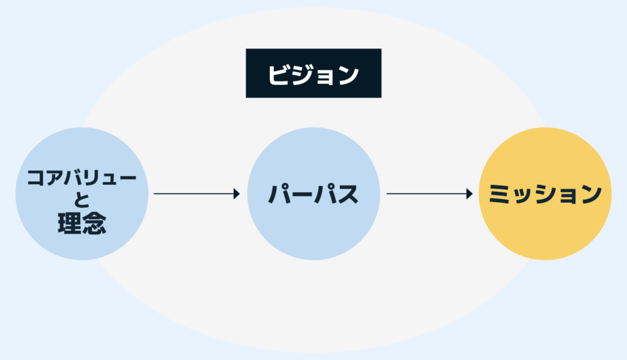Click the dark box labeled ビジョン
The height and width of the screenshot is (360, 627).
pyautogui.click(x=313, y=73)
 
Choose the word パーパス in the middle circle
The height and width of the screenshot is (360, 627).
pyautogui.click(x=313, y=194)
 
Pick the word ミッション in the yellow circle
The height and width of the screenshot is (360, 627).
pyautogui.click(x=545, y=194)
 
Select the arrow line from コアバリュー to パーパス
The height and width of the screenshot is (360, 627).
pyautogui.click(x=193, y=193)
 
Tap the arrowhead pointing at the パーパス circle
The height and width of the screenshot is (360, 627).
pyautogui.click(x=236, y=193)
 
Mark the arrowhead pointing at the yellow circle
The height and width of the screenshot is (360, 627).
pyautogui.click(x=470, y=193)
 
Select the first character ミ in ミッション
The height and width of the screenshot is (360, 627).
pyautogui.click(x=500, y=194)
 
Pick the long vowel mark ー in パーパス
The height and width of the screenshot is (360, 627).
pyautogui.click(x=302, y=194)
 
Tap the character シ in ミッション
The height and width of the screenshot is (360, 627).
pyautogui.click(x=544, y=194)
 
